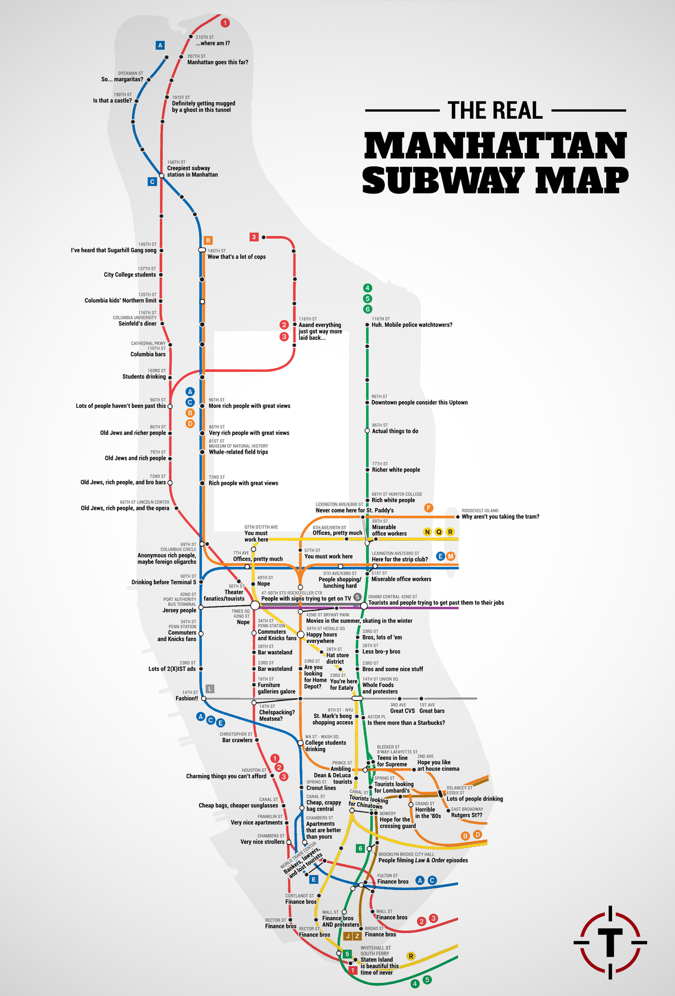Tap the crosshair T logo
[610, 942]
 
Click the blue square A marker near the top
[160, 45]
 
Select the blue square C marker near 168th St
[152, 182]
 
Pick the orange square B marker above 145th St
[208, 240]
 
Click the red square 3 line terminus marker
[254, 237]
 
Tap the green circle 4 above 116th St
[368, 288]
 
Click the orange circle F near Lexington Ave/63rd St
[428, 508]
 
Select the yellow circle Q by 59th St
[439, 532]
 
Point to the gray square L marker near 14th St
[210, 689]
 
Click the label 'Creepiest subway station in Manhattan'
[192, 171]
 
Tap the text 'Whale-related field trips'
[238, 452]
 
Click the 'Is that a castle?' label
[112, 101]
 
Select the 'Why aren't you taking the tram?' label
[500, 517]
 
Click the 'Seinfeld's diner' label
[137, 324]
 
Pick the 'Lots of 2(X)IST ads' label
[172, 669]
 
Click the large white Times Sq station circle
[255, 605]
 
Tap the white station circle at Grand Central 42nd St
[364, 606]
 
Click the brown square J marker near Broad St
[347, 936]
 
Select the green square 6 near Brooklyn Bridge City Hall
[360, 848]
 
